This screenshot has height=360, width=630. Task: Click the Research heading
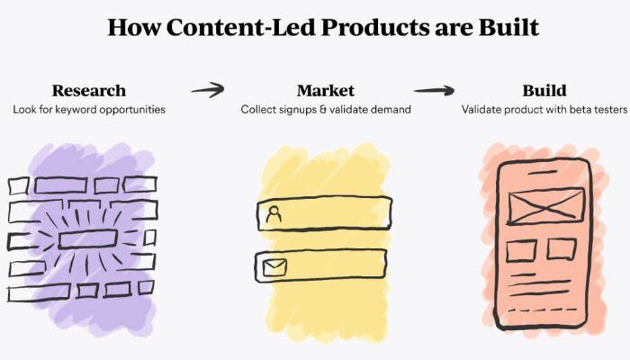point(89,90)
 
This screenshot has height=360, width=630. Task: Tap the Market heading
point(326,90)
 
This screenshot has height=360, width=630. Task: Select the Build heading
point(544,90)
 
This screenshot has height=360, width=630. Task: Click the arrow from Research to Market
point(208,90)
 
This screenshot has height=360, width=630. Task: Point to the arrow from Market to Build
point(434,90)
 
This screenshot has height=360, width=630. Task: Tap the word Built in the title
point(508,27)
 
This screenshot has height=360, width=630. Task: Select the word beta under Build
point(580,109)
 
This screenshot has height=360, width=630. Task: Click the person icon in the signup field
point(274,214)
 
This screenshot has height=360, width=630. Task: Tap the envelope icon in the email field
point(274,267)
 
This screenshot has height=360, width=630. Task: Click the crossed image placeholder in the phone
point(545,206)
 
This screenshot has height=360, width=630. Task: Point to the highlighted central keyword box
point(88,239)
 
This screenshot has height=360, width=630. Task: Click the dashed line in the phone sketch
point(543,310)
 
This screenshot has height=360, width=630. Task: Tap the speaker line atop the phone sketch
point(543,173)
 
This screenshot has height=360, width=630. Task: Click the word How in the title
point(134,27)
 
